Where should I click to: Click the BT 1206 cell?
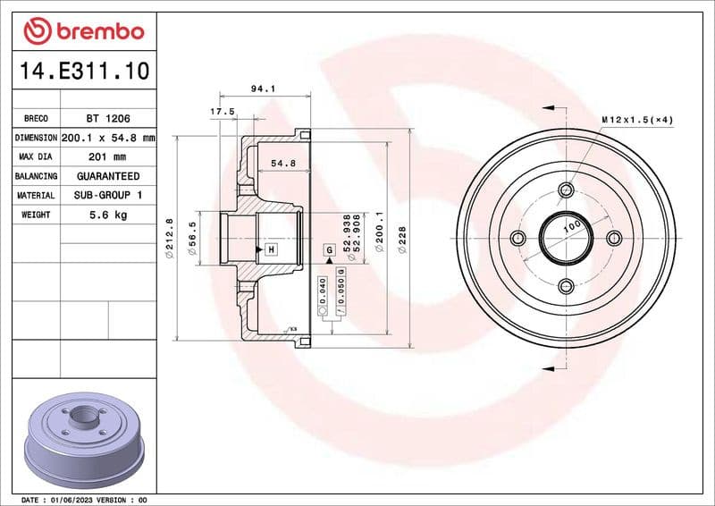pyautogui.click(x=108, y=118)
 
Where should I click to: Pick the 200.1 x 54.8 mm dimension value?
pyautogui.click(x=108, y=138)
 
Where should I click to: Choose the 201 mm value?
pyautogui.click(x=108, y=157)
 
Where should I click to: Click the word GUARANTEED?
pyautogui.click(x=108, y=176)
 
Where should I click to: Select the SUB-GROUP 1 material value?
pyautogui.click(x=108, y=195)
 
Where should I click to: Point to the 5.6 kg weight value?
pyautogui.click(x=108, y=215)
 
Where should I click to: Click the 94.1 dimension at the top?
pyautogui.click(x=262, y=89)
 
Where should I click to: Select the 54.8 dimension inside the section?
pyautogui.click(x=282, y=164)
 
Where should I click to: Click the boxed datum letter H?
pyautogui.click(x=270, y=249)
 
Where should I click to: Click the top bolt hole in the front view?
pyautogui.click(x=565, y=190)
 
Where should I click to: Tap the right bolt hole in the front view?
pyautogui.click(x=613, y=238)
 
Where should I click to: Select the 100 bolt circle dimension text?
pyautogui.click(x=570, y=228)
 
